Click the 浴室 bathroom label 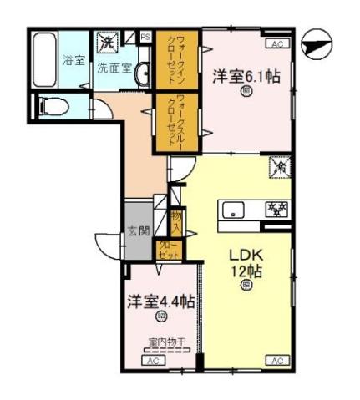tap(74, 60)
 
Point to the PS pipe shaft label tap(145, 37)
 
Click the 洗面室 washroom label tap(112, 68)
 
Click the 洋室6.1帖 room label tap(246, 76)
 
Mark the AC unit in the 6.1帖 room tap(276, 43)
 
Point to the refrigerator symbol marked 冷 tap(278, 168)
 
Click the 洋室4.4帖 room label tap(160, 301)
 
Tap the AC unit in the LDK tap(276, 360)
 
